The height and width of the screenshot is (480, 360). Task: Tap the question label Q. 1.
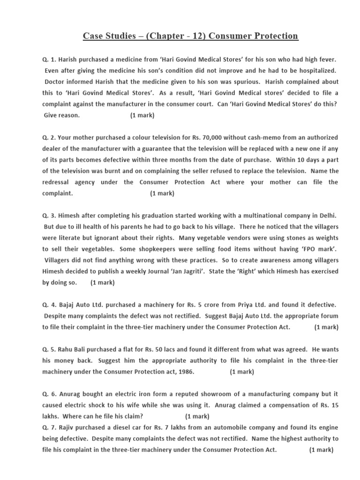(50, 60)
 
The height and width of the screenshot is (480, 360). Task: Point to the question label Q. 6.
(50, 394)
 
